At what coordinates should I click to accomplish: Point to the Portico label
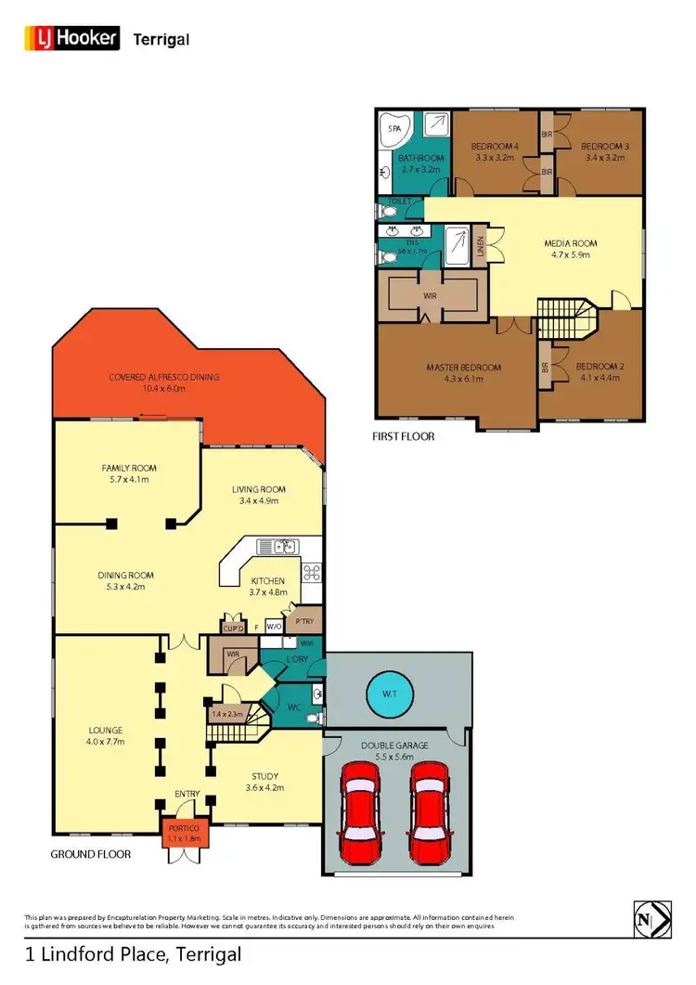tap(183, 828)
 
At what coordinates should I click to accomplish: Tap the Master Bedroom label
tap(463, 368)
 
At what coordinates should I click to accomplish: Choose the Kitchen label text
tap(266, 581)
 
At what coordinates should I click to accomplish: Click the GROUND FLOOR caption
tap(90, 853)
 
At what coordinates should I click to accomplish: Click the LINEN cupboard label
tap(480, 247)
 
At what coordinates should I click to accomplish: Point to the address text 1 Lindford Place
tap(133, 953)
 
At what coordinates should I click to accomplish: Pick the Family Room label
tap(125, 468)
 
